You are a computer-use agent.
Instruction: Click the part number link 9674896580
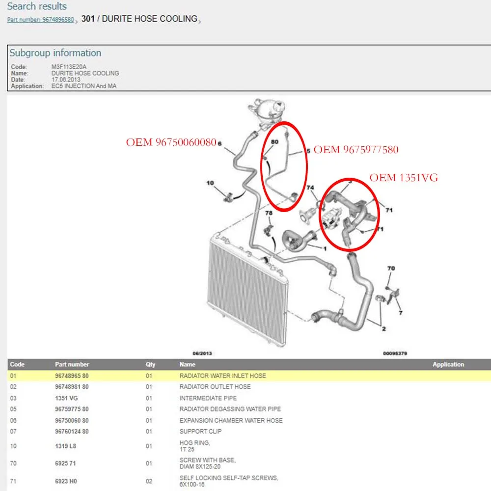40,20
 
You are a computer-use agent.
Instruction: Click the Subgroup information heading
55,53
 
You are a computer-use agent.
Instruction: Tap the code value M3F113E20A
69,67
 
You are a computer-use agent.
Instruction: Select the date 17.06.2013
66,80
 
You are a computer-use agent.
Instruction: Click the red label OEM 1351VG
404,178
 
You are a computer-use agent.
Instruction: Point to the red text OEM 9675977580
356,150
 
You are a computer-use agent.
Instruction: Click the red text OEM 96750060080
171,142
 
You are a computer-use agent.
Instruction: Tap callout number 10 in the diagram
210,183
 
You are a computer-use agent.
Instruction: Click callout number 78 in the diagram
269,213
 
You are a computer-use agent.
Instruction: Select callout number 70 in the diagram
391,269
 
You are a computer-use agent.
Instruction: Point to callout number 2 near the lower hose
384,329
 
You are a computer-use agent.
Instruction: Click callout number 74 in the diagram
310,188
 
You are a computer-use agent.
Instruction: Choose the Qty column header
150,364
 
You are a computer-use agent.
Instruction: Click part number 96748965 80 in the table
72,376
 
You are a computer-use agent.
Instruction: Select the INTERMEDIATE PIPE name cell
208,398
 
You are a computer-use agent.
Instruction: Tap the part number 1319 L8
65,446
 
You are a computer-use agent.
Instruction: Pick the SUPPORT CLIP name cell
200,432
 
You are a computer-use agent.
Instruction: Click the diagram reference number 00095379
395,354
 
